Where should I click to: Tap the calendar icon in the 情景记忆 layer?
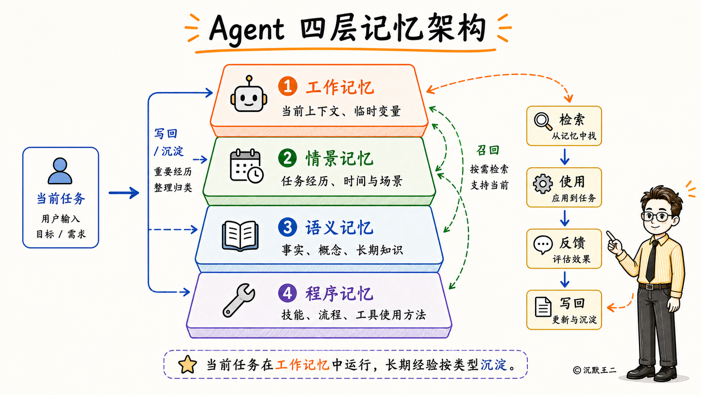[247, 166]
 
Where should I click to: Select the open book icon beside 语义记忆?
[240, 235]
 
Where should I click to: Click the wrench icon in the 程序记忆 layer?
[239, 300]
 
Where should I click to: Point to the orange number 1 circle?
[288, 86]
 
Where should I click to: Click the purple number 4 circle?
[287, 293]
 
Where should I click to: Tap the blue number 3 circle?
[287, 227]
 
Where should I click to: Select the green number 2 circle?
[287, 158]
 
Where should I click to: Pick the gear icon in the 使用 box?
[543, 183]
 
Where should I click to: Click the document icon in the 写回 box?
[543, 307]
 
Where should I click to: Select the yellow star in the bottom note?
[187, 364]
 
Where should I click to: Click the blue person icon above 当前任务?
[60, 171]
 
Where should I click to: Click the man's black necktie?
[652, 261]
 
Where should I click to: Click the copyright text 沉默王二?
[599, 370]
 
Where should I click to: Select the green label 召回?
[488, 150]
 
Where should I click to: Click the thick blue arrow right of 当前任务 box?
[124, 193]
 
